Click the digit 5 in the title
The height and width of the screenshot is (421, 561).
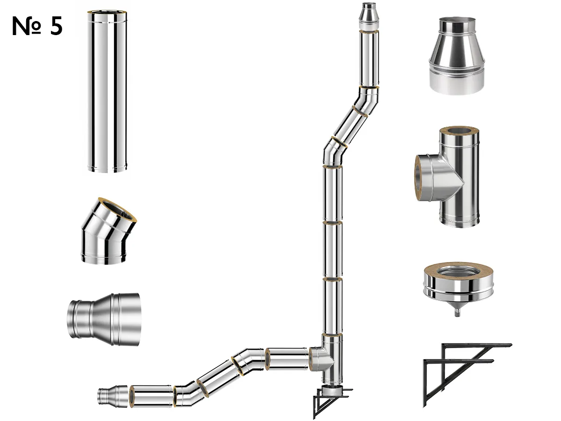click(56, 26)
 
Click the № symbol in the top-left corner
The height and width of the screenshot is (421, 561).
click(26, 26)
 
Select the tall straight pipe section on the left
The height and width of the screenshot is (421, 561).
click(107, 92)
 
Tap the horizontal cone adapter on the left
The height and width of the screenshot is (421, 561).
click(103, 319)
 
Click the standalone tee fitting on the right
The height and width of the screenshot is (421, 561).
click(447, 176)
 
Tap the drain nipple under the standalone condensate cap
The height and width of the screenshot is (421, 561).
click(457, 313)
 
